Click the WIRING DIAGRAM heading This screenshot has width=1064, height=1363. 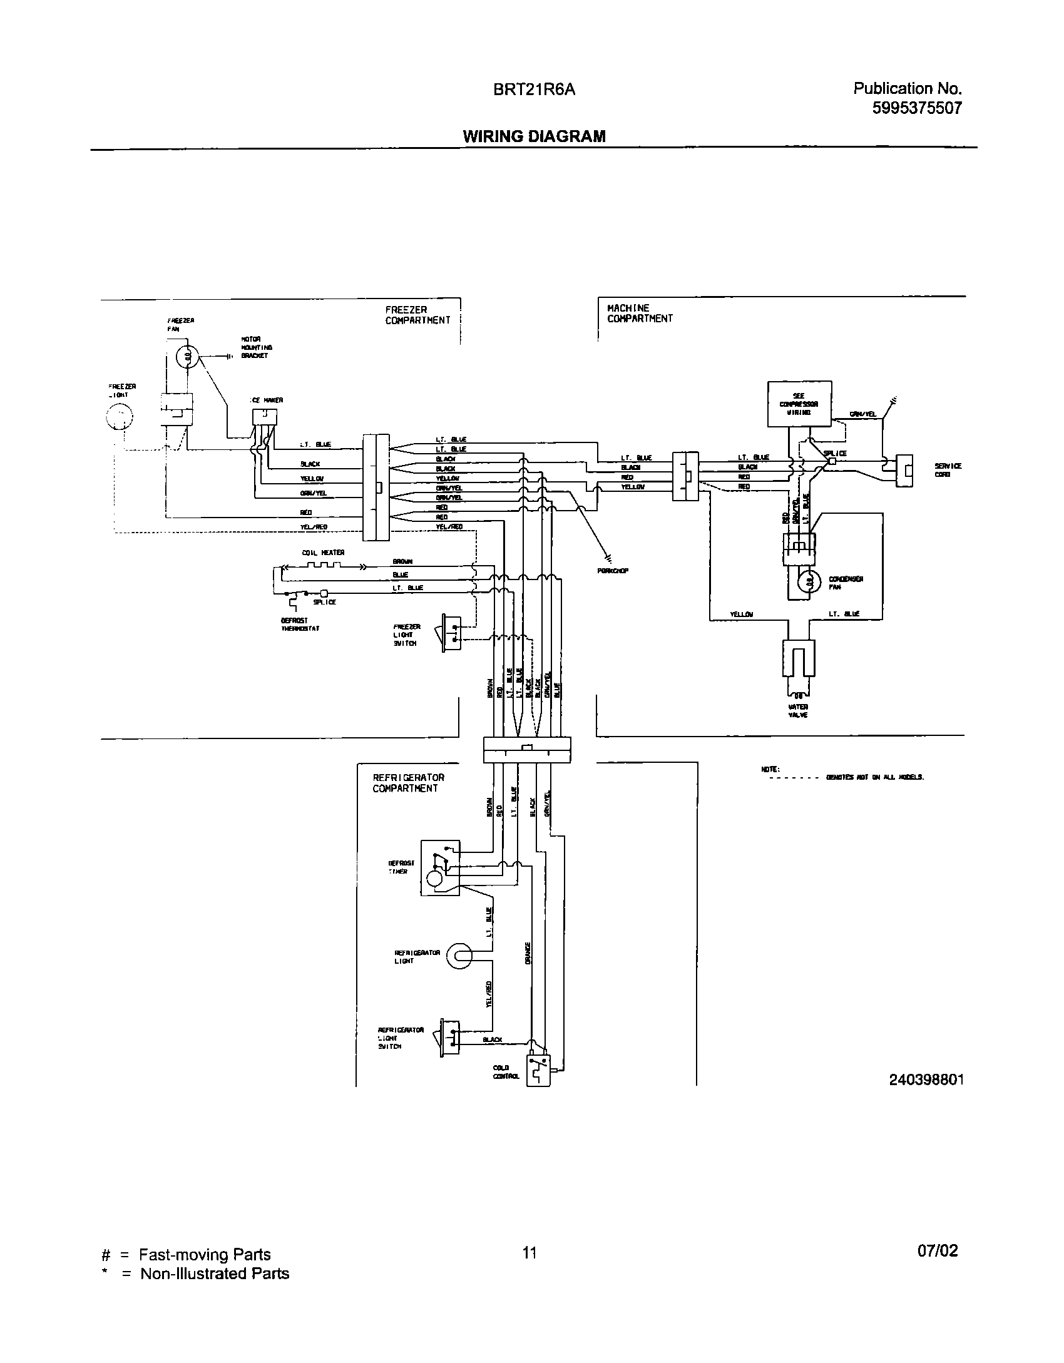click(534, 136)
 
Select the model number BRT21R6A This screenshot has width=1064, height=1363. click(534, 90)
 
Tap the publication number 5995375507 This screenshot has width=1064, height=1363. click(916, 108)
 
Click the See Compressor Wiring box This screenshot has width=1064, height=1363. click(799, 404)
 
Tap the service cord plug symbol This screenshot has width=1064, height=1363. click(904, 470)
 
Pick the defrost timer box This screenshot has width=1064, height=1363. click(440, 867)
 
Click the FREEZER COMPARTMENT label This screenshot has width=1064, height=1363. click(417, 315)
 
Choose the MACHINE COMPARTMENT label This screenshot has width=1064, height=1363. click(639, 313)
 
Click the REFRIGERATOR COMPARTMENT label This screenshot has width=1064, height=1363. click(408, 783)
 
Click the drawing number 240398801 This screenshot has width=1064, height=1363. click(926, 1080)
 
